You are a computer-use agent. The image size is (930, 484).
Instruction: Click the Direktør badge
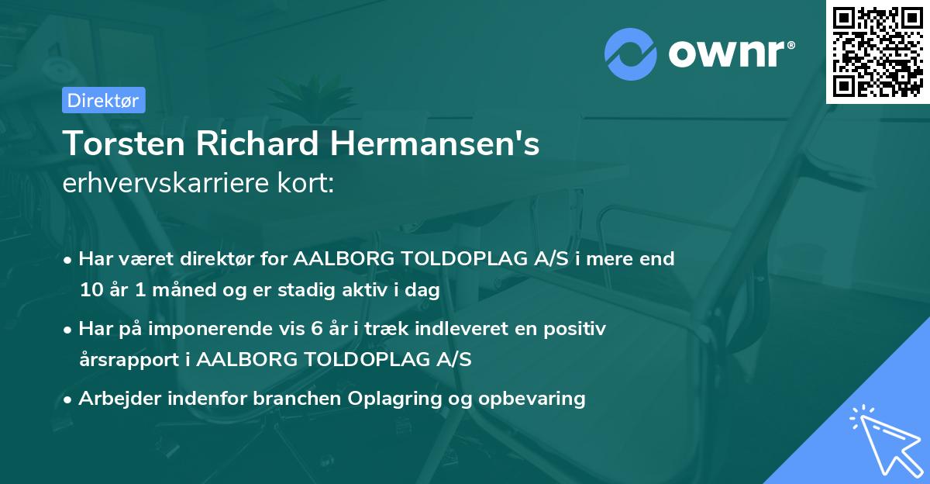[102, 100]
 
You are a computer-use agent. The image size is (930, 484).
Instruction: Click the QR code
[877, 51]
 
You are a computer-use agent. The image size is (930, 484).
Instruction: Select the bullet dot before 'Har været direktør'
[69, 260]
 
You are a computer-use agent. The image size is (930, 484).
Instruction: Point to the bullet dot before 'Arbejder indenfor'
[69, 400]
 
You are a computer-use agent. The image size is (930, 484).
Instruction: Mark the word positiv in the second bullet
[578, 329]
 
